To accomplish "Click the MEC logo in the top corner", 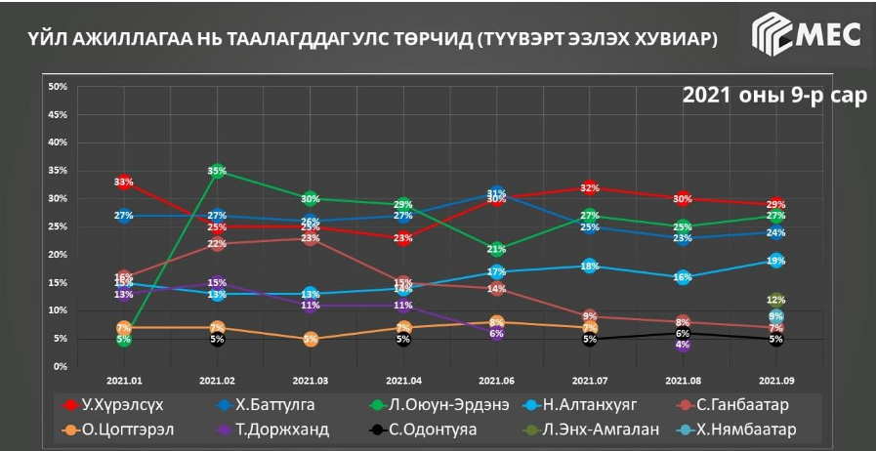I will coord(807,37).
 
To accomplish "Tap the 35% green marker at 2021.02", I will coord(217,171).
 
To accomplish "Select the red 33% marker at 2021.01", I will coord(124,183).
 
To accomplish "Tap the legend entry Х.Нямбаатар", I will coord(743,429).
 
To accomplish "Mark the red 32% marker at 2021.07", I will coord(589,187).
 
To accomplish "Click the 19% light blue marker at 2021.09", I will coord(775,261).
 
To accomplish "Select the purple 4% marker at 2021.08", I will coord(683,344).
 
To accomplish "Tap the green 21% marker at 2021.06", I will coord(496,249).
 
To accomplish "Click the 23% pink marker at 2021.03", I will coord(311,238).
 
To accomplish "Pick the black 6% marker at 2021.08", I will coord(683,333).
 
